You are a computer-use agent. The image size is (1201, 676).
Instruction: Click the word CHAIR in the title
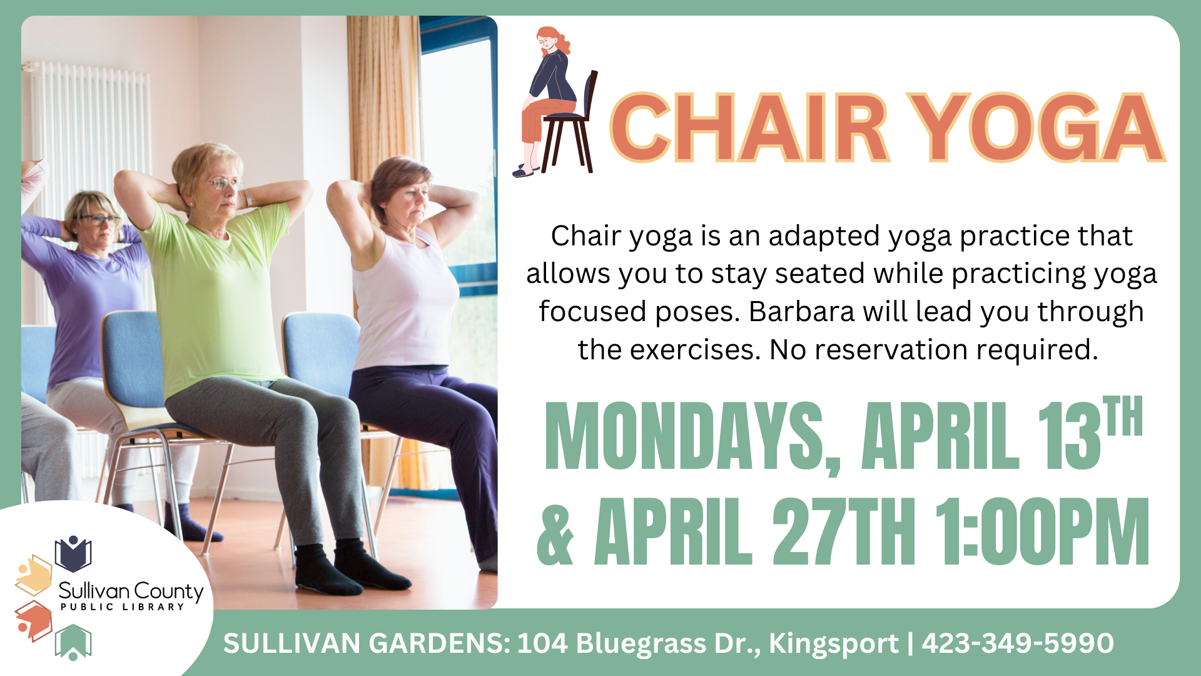(749, 128)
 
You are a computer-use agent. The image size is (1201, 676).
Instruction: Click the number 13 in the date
(1068, 436)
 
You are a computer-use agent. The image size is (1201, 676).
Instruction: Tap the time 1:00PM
(1042, 531)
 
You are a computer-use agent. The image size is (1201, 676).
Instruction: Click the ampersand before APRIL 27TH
(556, 531)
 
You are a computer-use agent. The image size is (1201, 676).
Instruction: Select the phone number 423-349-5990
(1017, 643)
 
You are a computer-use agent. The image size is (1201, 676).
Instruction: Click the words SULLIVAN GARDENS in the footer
(367, 643)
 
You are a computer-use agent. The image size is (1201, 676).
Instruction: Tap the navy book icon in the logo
(73, 553)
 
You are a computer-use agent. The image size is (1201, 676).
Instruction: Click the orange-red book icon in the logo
(33, 621)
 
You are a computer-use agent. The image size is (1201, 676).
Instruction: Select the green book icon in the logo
(73, 642)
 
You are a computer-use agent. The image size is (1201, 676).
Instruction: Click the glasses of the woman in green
(224, 183)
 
